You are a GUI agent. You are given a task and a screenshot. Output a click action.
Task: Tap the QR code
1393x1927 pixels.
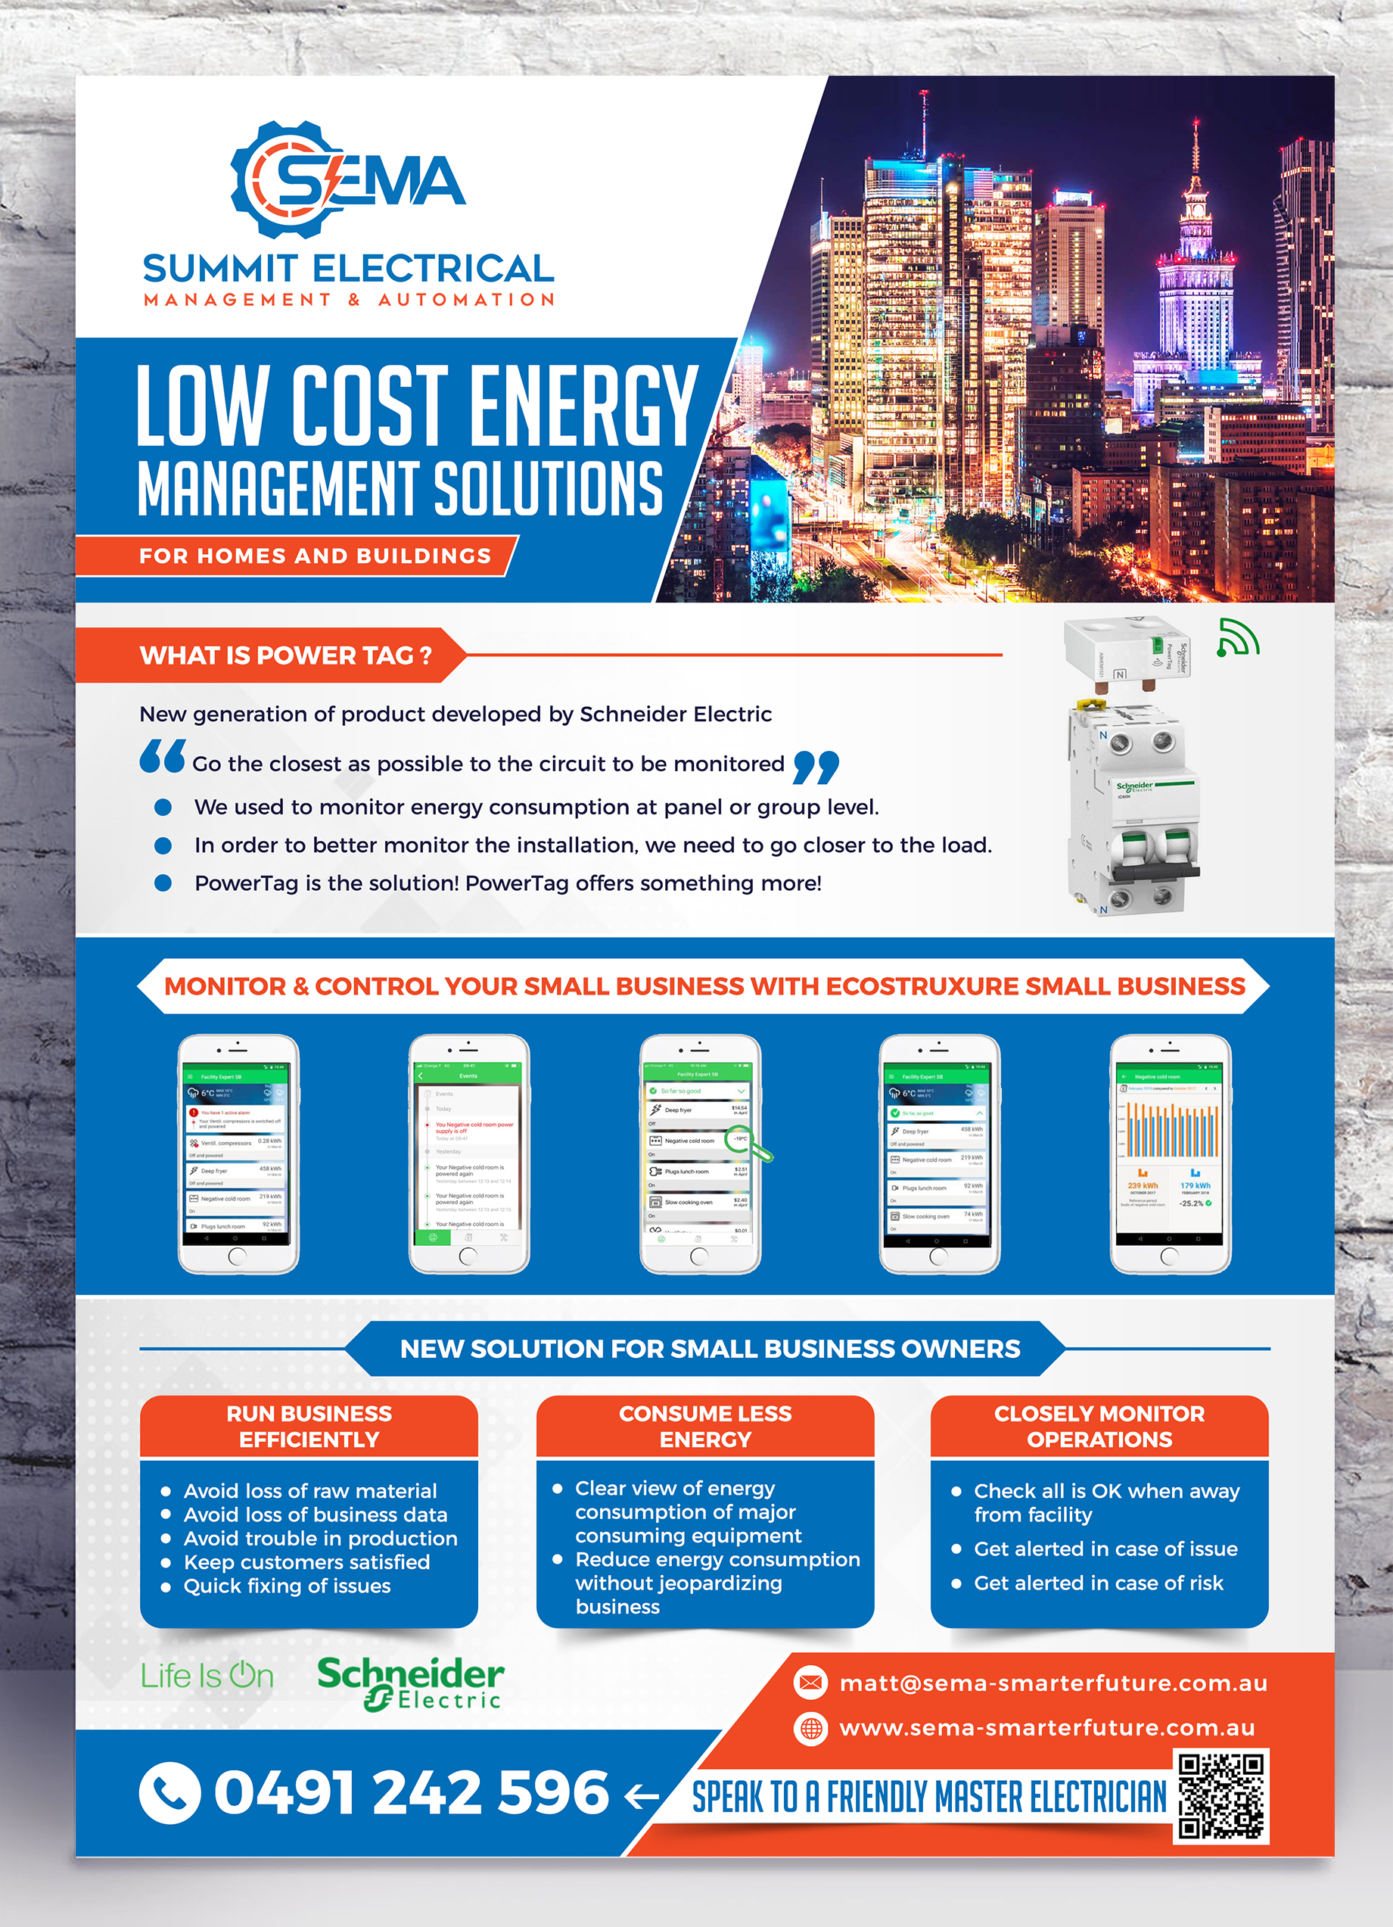coord(1220,1795)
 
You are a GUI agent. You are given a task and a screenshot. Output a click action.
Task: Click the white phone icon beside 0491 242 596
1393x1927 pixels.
coord(170,1793)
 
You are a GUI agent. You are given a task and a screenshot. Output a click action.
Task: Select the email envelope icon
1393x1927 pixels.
coord(811,1683)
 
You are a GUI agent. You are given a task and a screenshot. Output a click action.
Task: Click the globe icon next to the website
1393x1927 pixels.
coord(811,1727)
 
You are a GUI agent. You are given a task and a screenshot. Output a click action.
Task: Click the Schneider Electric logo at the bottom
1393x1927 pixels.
coord(410,1683)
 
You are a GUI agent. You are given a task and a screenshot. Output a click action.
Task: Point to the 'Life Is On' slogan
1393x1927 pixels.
coord(207,1676)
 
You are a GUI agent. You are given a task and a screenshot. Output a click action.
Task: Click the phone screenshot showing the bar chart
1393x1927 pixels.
coord(1170,1153)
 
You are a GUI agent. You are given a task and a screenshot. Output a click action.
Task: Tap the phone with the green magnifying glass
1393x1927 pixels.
coord(700,1153)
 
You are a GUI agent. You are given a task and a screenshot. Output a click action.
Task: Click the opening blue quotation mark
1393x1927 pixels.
coord(162,756)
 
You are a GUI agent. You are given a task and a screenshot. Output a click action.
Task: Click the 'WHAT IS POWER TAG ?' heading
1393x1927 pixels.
coord(285,655)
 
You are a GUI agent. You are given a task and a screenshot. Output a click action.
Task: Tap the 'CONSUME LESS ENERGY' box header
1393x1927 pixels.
coord(705,1426)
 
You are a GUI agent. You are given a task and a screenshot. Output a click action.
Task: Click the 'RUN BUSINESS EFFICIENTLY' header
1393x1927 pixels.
coord(309,1426)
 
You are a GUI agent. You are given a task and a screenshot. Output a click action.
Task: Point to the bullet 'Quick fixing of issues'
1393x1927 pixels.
coord(287,1586)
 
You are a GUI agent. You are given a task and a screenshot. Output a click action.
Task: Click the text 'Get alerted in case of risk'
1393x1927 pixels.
coord(1098,1583)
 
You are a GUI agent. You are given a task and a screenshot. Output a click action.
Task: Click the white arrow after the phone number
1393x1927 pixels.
coord(642,1795)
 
